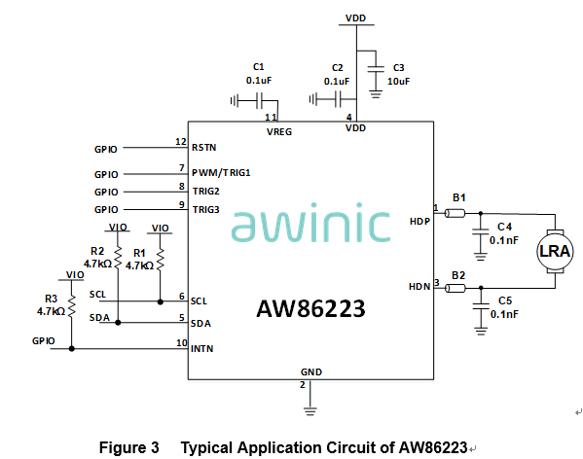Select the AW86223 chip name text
310,309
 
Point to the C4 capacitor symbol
479,232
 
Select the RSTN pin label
203,149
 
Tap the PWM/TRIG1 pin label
221,172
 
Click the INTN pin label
202,347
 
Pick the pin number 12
180,142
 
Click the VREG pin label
278,130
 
